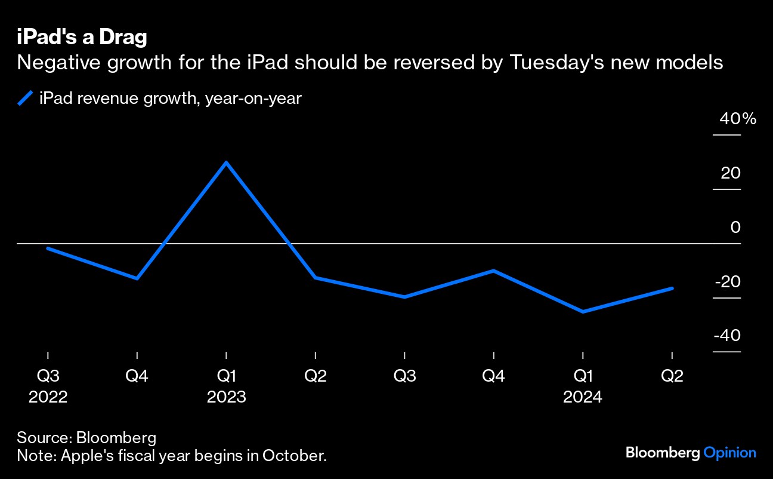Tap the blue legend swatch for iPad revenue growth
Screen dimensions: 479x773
(x=25, y=98)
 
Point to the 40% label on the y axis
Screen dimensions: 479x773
(x=738, y=119)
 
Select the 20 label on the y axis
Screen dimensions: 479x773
(x=730, y=174)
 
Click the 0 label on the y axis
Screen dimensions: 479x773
(x=735, y=228)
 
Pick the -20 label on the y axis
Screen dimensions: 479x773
(x=727, y=282)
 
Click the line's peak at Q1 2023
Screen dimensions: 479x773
(x=226, y=162)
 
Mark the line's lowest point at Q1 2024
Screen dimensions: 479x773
(x=583, y=312)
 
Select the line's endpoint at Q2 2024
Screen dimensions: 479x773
(x=672, y=288)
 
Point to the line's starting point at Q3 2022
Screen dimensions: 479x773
(x=48, y=248)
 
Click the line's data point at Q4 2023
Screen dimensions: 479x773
(x=494, y=271)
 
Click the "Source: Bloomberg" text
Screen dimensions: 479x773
(x=86, y=437)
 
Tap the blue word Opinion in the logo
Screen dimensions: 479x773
(x=730, y=453)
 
